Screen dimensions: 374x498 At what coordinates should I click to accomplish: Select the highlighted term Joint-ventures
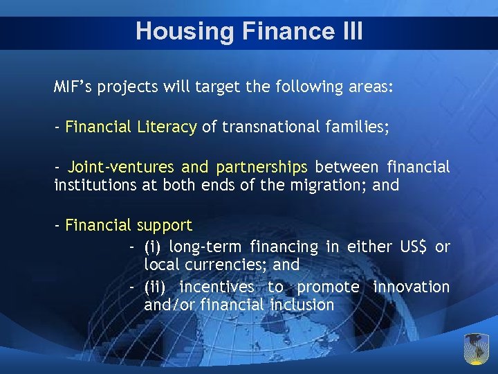click(x=122, y=167)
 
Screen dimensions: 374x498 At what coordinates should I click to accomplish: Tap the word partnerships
click(x=261, y=167)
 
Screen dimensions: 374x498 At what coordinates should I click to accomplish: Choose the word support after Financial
click(x=164, y=225)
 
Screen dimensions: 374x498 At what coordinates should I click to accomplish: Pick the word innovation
click(x=411, y=287)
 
